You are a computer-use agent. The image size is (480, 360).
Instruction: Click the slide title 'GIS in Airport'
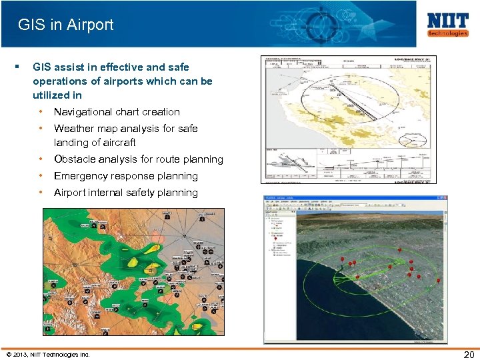coord(66,25)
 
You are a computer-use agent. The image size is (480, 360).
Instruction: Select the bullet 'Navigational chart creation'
coord(117,112)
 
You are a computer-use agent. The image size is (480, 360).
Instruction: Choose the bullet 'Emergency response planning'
coord(125,176)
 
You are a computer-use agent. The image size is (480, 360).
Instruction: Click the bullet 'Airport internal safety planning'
coord(125,193)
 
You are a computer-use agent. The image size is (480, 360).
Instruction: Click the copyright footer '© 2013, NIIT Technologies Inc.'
coord(47,353)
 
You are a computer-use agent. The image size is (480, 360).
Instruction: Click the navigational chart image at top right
coord(348,119)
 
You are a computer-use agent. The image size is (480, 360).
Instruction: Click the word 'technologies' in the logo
coord(447,33)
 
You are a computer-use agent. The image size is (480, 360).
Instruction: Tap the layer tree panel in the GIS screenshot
coord(279,267)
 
